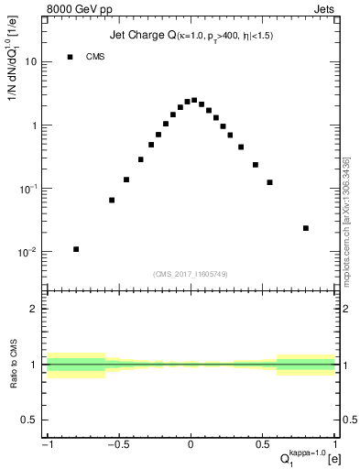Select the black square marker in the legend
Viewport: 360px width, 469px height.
tap(70, 57)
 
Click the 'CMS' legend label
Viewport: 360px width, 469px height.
tap(95, 57)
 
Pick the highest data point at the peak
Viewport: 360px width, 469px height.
tap(194, 100)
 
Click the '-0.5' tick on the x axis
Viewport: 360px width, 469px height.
tap(117, 446)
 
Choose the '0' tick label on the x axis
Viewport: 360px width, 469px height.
tap(191, 446)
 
